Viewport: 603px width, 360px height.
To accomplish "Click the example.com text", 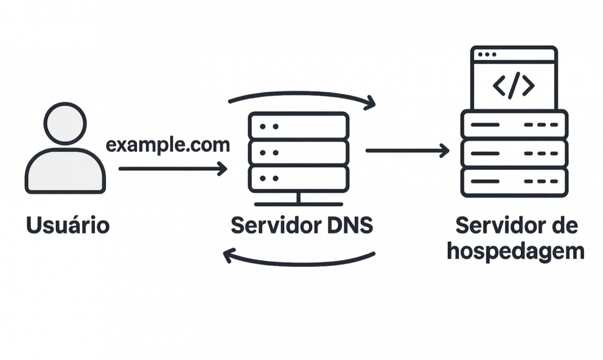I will (x=168, y=145).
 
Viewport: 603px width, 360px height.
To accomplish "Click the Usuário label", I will (x=68, y=226).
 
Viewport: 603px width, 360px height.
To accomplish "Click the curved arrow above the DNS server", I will (x=301, y=95).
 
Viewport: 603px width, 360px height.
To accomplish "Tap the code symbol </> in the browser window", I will (x=514, y=86).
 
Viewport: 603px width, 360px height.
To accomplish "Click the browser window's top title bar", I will (x=515, y=54).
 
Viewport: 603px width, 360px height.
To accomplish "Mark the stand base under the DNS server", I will (x=298, y=201).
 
